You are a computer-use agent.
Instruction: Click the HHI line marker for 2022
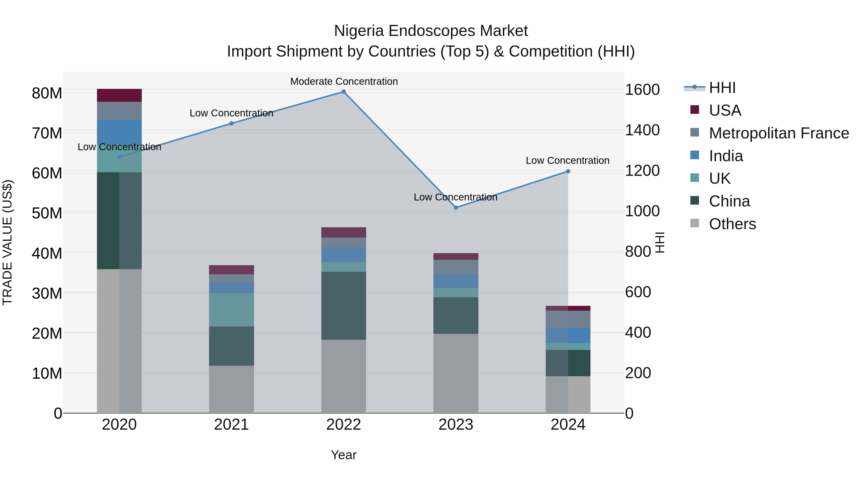344,92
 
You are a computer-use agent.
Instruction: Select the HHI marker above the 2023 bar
456,207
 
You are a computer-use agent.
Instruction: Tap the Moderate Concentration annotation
344,81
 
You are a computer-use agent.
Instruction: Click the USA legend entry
725,110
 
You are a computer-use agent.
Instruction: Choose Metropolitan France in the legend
779,133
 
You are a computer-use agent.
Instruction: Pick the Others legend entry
732,224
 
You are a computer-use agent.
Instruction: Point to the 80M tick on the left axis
47,93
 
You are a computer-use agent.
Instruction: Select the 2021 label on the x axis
231,425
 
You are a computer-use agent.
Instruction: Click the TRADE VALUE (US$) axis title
7,242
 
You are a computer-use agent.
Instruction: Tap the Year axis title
344,455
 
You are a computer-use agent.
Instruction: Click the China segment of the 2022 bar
344,306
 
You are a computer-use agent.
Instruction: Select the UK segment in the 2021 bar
231,310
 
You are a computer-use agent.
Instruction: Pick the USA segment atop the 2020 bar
119,95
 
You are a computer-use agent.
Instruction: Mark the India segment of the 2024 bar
568,335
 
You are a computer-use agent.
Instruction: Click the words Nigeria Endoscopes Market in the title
431,31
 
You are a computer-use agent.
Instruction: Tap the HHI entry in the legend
722,88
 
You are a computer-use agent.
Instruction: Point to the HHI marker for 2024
568,171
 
